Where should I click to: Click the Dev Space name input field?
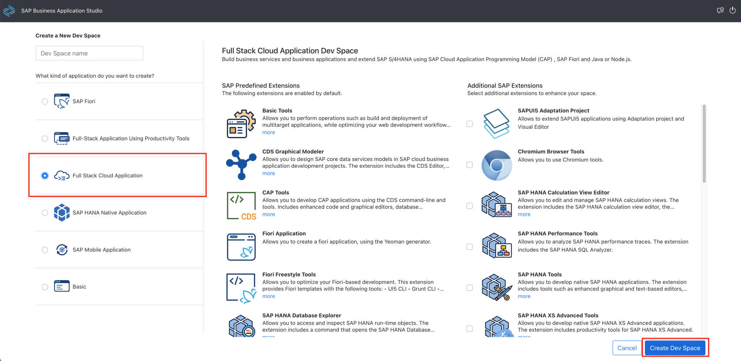point(89,53)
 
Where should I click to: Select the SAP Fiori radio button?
point(45,101)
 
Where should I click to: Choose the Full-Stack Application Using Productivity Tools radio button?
point(45,139)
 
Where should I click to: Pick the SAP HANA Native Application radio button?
point(45,213)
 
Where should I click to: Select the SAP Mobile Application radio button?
point(45,250)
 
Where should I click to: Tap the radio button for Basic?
point(45,287)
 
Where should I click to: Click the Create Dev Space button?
point(675,348)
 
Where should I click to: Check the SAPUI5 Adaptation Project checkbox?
point(470,124)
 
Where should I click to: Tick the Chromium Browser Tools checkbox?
point(470,165)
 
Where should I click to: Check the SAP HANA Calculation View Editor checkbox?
point(470,206)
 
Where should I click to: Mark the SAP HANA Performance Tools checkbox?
point(470,247)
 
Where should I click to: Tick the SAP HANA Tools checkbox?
point(470,288)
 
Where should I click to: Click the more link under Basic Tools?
point(268,132)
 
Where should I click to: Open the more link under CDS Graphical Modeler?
point(268,173)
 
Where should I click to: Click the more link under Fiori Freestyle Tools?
point(268,296)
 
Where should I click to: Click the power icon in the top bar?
point(732,10)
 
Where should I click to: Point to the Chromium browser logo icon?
point(496,165)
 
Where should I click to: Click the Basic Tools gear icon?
point(241,124)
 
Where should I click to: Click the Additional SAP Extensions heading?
point(505,86)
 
